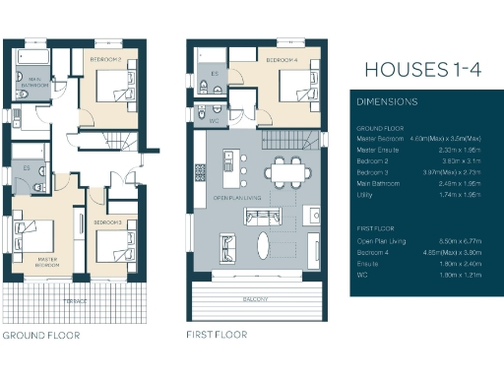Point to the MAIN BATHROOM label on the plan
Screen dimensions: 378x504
point(35,83)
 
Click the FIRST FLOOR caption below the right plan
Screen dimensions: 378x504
point(217,336)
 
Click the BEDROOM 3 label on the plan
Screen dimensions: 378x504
point(107,223)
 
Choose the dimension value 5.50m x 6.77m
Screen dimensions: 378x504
point(460,241)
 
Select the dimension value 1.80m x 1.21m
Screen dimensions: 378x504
point(460,277)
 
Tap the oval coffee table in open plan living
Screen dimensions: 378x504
point(266,241)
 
